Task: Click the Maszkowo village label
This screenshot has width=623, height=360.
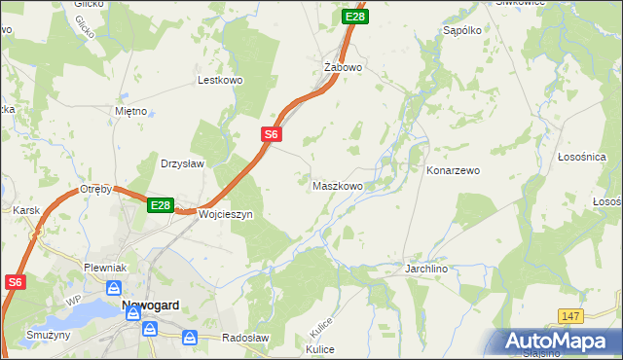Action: click(337, 185)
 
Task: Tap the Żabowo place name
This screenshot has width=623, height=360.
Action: click(343, 68)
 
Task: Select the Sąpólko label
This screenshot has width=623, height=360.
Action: click(462, 31)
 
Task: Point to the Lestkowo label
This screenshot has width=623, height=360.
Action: click(219, 81)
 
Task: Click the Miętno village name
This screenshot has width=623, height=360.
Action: click(130, 111)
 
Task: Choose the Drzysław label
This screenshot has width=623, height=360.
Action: click(182, 163)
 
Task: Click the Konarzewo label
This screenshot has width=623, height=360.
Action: click(453, 170)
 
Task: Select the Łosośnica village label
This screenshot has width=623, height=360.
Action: click(582, 157)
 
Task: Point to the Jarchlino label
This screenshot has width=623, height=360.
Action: click(425, 266)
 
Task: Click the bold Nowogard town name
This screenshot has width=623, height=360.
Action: click(150, 306)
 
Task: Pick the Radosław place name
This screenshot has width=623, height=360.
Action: click(245, 338)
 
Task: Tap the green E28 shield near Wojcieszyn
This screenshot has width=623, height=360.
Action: click(162, 205)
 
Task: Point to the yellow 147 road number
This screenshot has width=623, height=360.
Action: click(571, 316)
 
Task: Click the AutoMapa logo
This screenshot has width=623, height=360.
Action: click(559, 342)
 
